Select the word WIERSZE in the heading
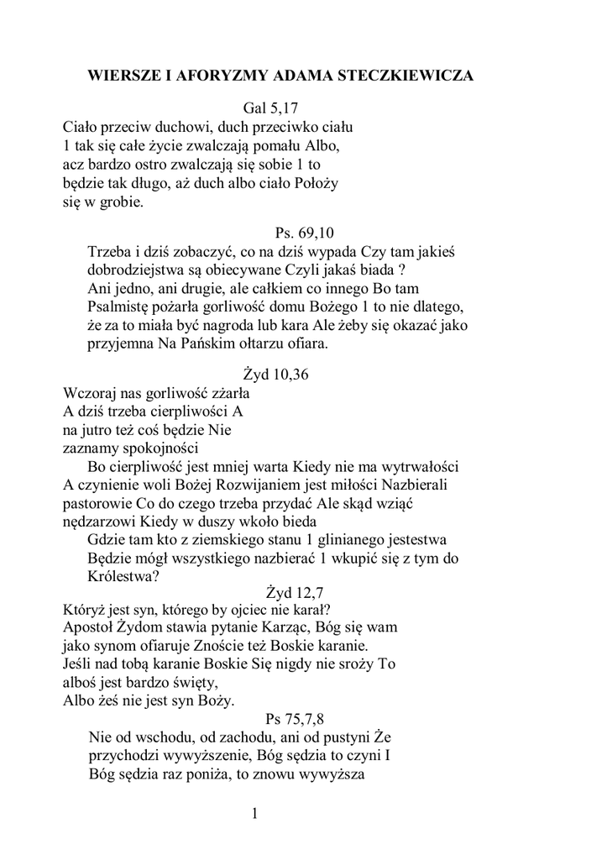coord(123,75)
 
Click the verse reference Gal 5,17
coord(271,108)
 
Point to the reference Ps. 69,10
coord(306,232)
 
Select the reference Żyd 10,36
coord(275,375)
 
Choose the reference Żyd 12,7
coord(294,591)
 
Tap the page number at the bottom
coord(255,813)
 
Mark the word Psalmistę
coord(123,306)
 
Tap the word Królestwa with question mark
coord(123,576)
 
